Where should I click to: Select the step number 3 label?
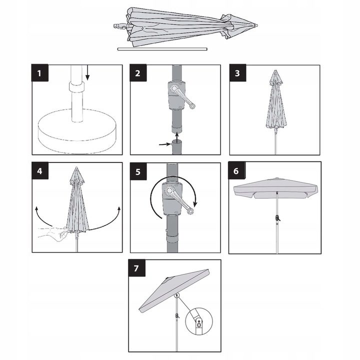tap(238, 73)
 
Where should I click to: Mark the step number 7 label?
tap(136, 268)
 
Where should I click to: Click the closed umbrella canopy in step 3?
tap(275, 102)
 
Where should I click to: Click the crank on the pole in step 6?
tap(277, 217)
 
